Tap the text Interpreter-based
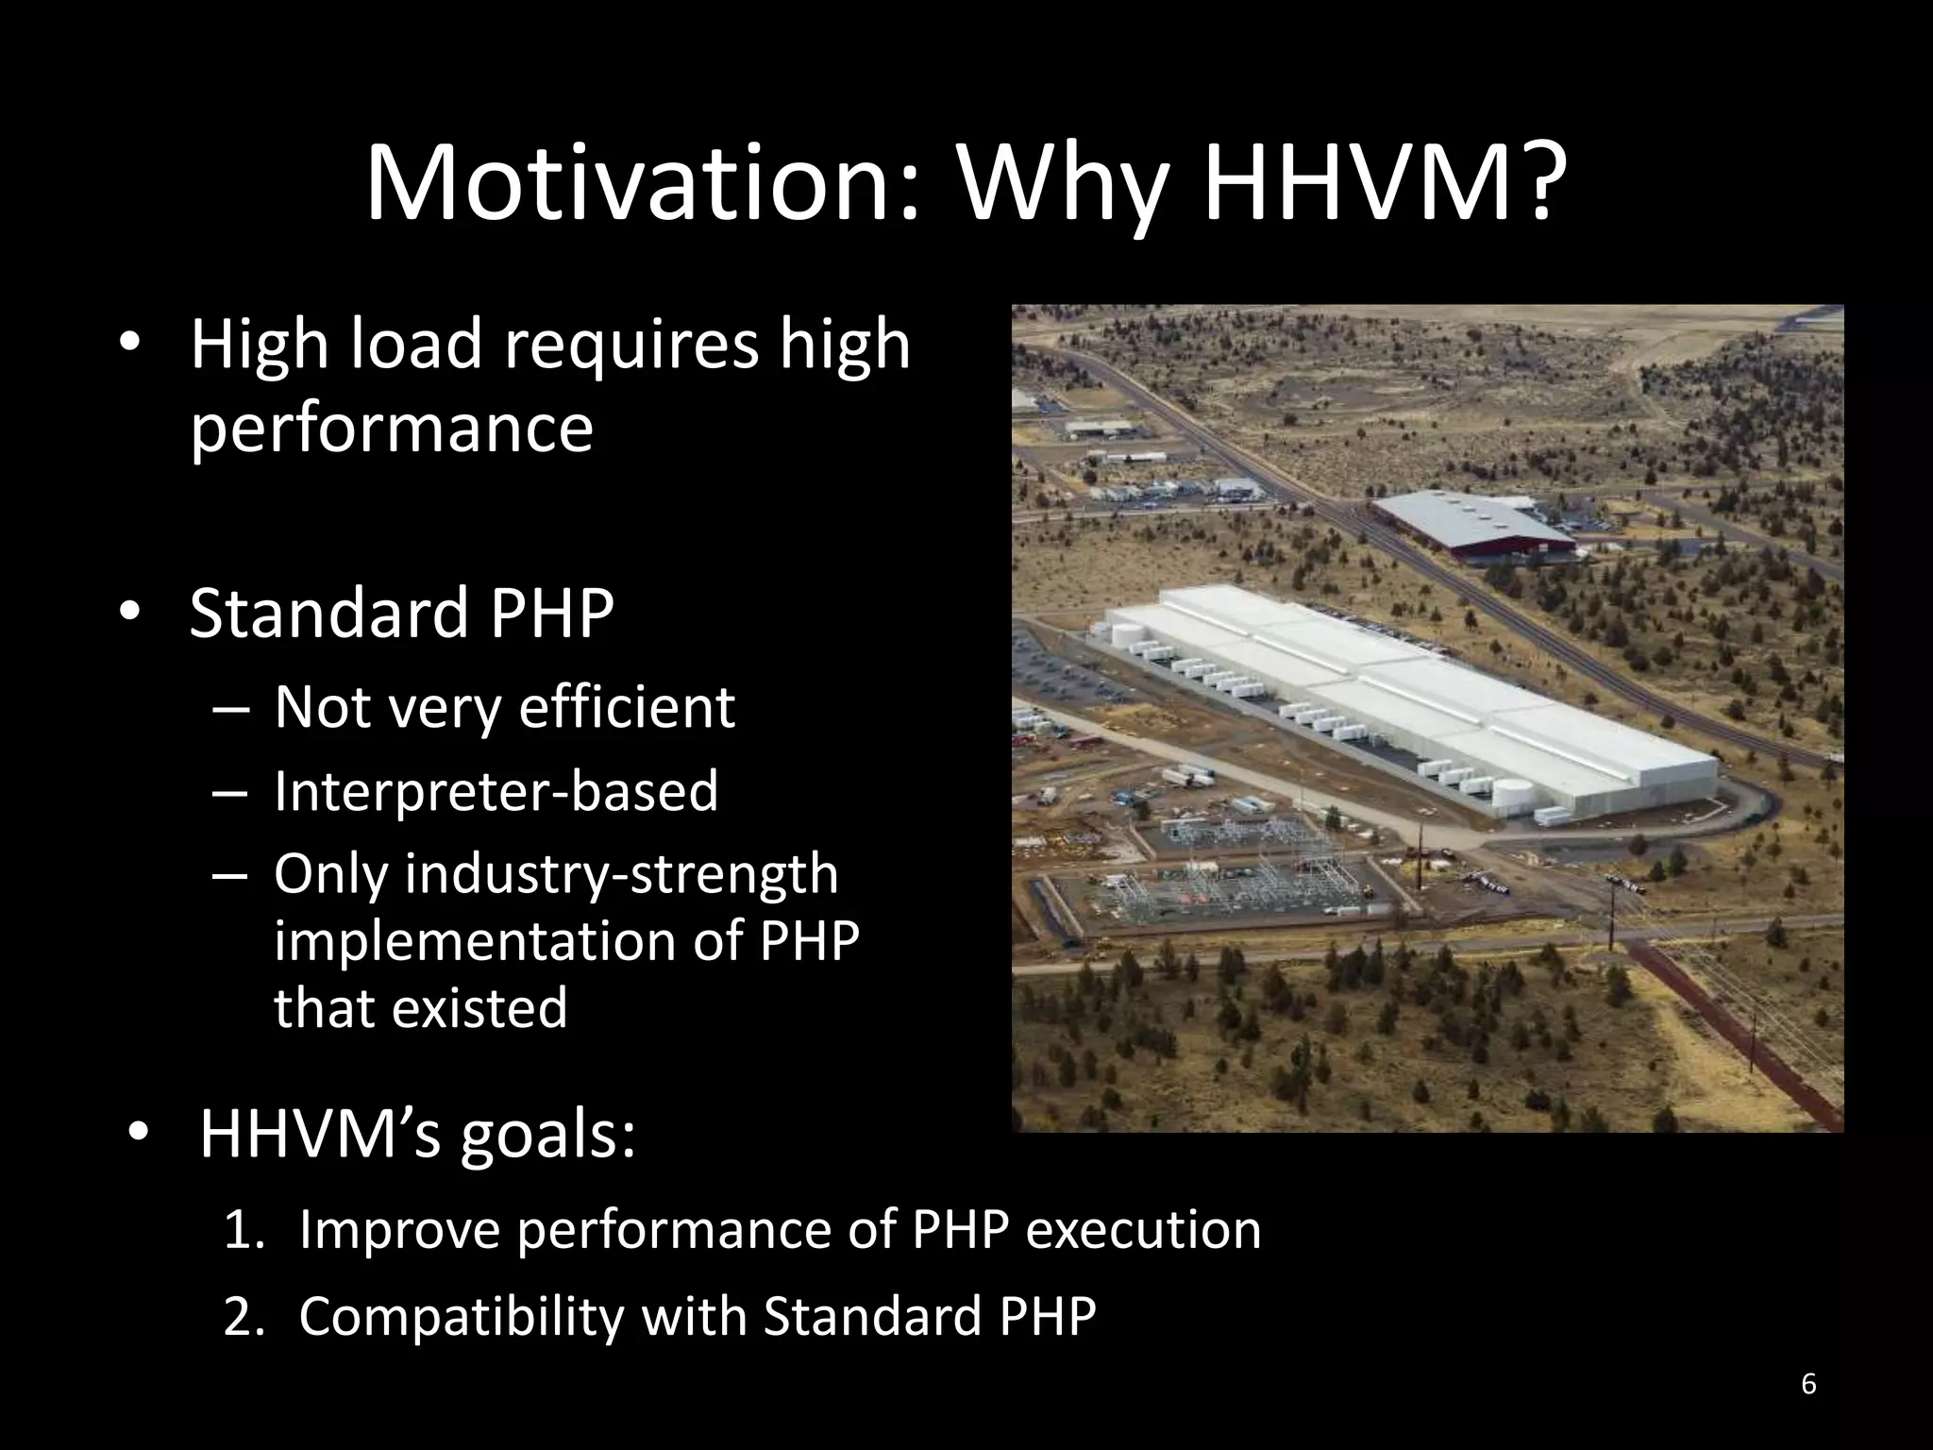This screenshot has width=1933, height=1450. pyautogui.click(x=496, y=790)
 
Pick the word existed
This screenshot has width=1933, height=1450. pyautogui.click(x=479, y=1006)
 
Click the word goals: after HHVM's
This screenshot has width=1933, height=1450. pyautogui.click(x=548, y=1135)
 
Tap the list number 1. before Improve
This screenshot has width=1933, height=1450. pyautogui.click(x=246, y=1230)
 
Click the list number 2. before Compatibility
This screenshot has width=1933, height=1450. pyautogui.click(x=246, y=1316)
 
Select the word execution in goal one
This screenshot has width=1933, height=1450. pyautogui.click(x=1143, y=1230)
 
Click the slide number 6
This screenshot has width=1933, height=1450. pyautogui.click(x=1808, y=1385)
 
